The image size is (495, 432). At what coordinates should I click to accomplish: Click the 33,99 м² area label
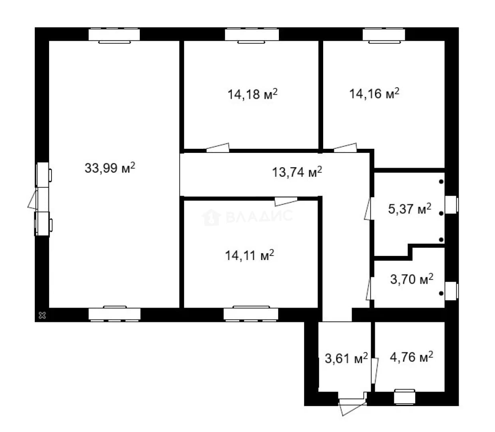pos(109,168)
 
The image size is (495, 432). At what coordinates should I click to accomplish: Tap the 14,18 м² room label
pos(252,94)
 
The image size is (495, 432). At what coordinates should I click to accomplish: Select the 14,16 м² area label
pos(374,93)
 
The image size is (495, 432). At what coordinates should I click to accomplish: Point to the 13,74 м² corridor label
pos(297,172)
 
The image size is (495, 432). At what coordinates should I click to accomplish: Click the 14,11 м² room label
pos(249,255)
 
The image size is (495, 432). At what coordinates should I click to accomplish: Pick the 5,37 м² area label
pos(410,209)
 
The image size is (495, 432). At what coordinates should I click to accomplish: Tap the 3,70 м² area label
pos(412,279)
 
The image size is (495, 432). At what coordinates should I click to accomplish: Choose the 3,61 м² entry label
pos(346,358)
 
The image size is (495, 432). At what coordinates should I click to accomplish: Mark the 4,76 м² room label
pos(411,357)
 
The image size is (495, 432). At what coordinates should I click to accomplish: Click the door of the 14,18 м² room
pos(217,148)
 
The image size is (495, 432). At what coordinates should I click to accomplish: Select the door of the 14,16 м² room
pos(345,148)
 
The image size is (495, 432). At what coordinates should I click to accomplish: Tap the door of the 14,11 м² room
pos(286,202)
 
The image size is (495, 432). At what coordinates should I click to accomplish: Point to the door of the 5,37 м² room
pos(368,209)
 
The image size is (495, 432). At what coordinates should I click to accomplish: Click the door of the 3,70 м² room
pos(369,289)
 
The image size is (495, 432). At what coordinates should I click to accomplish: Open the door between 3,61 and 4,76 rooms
pos(374,370)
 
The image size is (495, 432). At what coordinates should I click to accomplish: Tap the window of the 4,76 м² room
pos(405,397)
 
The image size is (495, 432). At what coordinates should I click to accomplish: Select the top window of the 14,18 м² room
pos(252,35)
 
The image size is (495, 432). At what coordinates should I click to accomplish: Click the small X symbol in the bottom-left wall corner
pos(42,315)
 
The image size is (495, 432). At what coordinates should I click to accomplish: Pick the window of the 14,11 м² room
pos(251,314)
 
